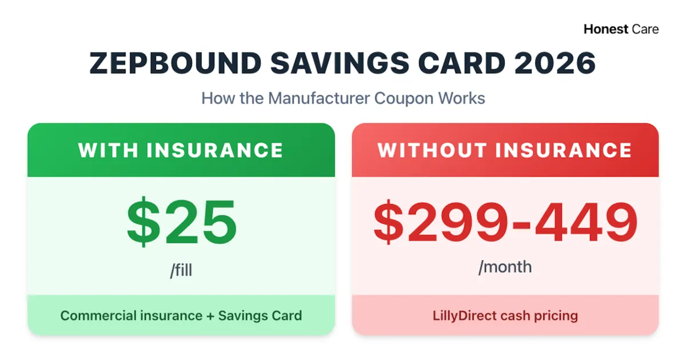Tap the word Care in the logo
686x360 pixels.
click(x=645, y=29)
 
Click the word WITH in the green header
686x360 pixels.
click(x=108, y=150)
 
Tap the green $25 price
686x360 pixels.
click(x=181, y=222)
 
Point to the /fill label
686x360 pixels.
click(x=181, y=269)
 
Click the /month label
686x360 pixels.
click(x=505, y=266)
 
